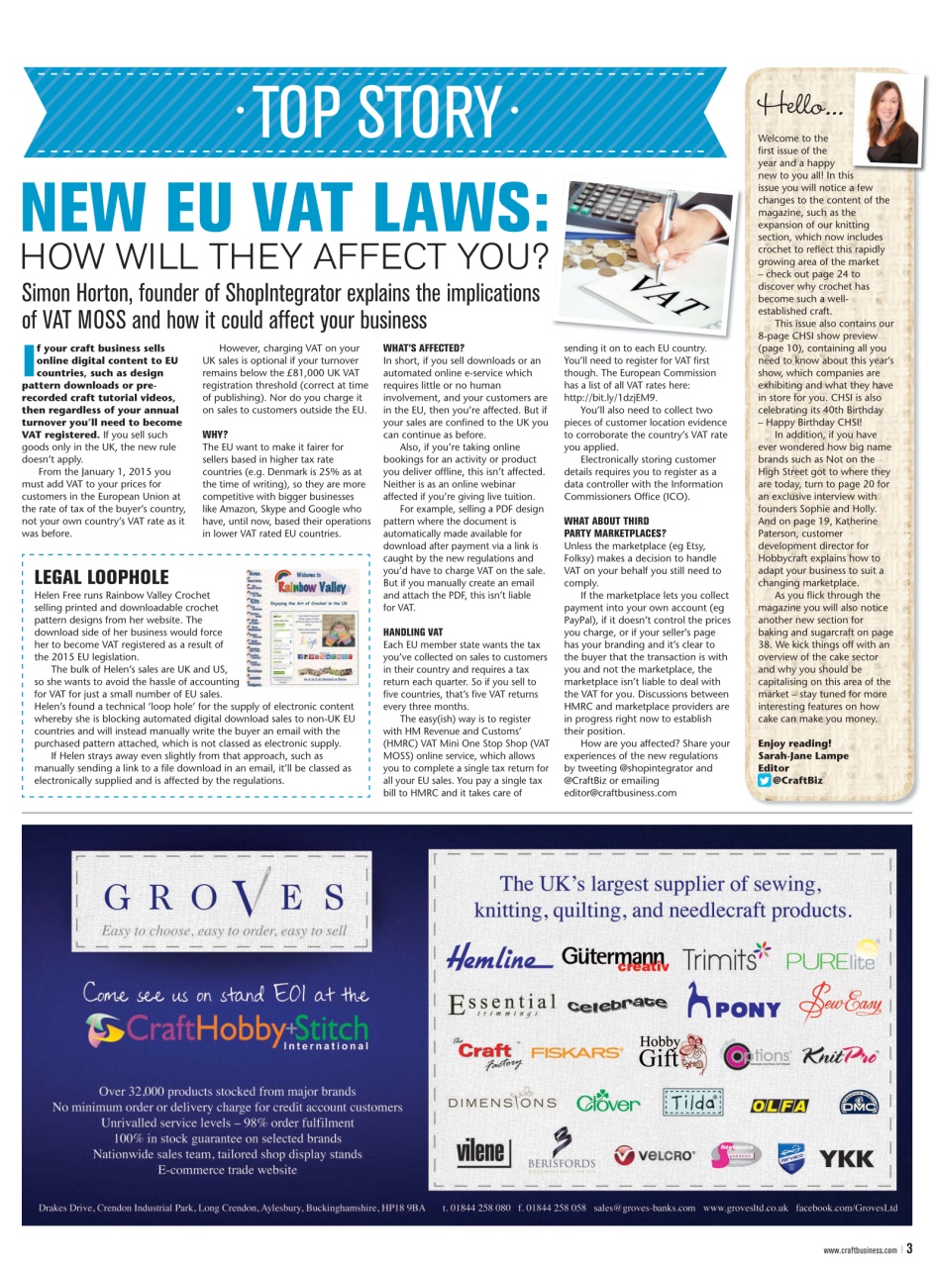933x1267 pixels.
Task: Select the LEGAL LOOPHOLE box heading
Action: click(x=101, y=577)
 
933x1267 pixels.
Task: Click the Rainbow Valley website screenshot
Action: click(x=303, y=626)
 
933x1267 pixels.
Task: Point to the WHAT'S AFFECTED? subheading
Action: click(x=423, y=348)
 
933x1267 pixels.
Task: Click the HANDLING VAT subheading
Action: click(x=412, y=632)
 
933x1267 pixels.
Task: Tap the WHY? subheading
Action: click(x=216, y=434)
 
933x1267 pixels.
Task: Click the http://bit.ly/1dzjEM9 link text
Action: click(x=610, y=397)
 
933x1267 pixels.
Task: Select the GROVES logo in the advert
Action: click(x=224, y=896)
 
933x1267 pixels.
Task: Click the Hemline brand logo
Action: click(x=498, y=958)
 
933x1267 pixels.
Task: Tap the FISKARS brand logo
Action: click(x=576, y=1053)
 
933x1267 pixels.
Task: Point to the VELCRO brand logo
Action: click(x=655, y=1154)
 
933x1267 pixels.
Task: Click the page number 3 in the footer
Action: click(x=908, y=1249)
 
